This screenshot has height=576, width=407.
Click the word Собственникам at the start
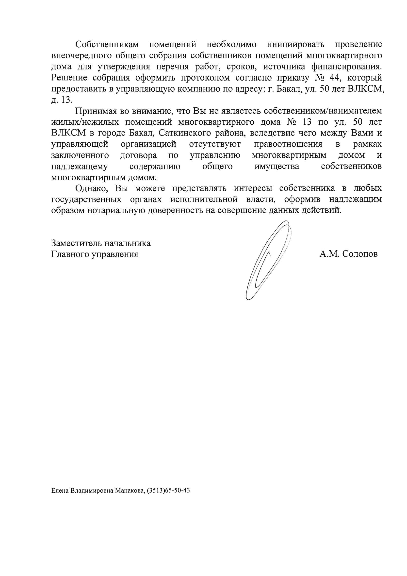(x=107, y=44)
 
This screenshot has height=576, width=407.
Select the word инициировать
(x=295, y=44)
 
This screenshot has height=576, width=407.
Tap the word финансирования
(x=348, y=67)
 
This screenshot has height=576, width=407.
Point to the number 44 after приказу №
(x=334, y=78)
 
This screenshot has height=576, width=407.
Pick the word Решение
(x=69, y=78)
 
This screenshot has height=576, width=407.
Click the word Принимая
(x=96, y=111)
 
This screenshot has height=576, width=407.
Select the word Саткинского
(x=185, y=133)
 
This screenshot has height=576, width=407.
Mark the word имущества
(x=277, y=166)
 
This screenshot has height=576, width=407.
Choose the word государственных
(x=86, y=199)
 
